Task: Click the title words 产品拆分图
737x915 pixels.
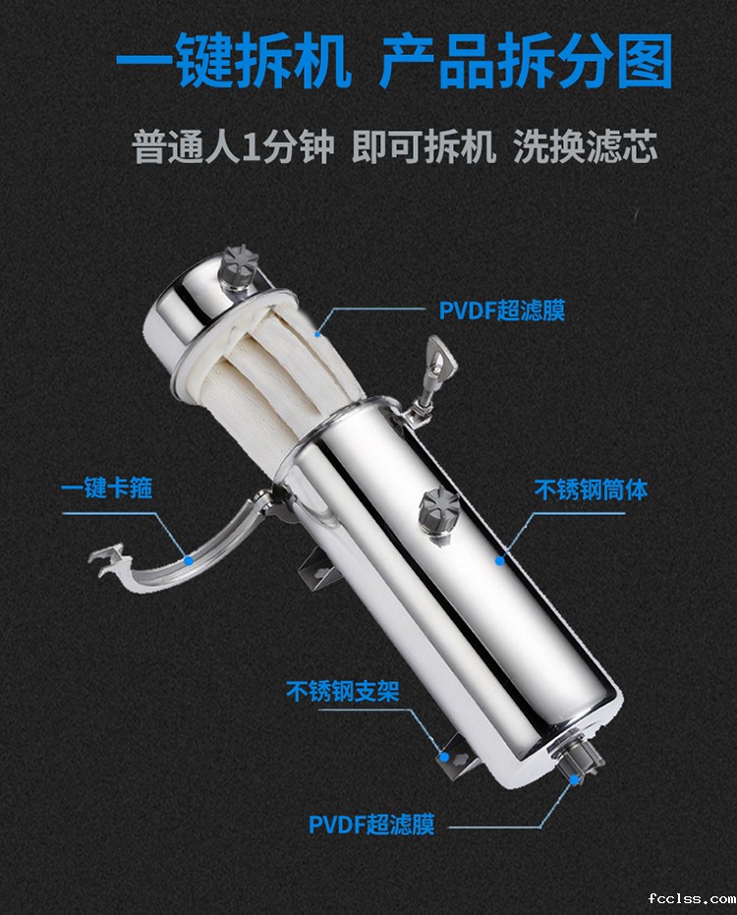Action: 526,60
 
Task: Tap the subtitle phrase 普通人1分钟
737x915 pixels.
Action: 234,146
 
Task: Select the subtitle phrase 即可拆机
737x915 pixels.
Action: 424,146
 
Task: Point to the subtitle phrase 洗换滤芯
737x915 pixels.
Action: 586,146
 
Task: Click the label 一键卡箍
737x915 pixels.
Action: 107,487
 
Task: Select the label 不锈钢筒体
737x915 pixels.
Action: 592,489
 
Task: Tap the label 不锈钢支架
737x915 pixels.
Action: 343,692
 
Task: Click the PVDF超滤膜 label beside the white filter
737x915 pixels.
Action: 502,311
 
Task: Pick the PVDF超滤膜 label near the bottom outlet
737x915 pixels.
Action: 371,825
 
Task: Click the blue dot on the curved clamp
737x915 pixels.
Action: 189,560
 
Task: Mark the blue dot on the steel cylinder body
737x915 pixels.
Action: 499,561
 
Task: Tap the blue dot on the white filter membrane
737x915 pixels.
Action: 317,334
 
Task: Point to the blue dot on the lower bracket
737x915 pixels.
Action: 444,757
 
